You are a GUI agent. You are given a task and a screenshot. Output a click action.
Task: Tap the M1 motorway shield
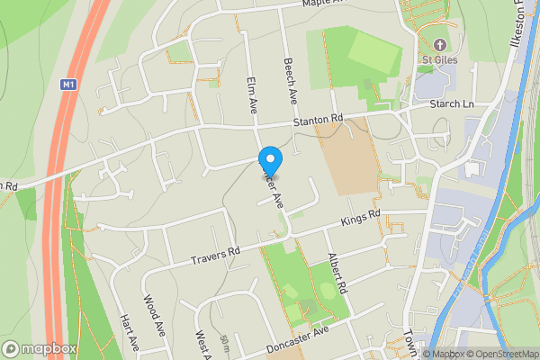67,85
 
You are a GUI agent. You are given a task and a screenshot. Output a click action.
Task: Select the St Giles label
440,60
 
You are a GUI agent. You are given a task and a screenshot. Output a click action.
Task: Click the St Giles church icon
440,44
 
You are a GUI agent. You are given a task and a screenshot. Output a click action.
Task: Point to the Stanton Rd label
317,120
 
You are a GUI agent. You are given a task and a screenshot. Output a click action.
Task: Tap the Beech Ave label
290,80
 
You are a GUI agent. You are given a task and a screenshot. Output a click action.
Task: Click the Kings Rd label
360,219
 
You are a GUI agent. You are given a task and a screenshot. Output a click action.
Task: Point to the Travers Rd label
216,256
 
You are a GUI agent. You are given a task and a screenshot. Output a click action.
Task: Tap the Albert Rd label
337,274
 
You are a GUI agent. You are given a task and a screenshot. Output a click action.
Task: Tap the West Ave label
202,344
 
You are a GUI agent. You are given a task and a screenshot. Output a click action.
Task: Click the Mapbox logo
39,348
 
